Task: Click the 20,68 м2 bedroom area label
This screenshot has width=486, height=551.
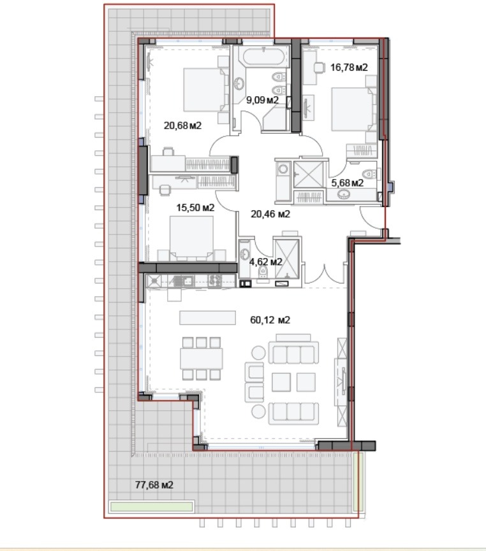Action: [182, 125]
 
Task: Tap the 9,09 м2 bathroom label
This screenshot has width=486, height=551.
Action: [263, 99]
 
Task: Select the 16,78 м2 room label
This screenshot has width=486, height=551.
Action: [349, 66]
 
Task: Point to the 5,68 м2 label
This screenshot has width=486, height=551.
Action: [347, 183]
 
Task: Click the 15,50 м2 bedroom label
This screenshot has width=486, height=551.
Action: [195, 208]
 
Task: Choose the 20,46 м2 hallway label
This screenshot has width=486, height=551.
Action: [270, 214]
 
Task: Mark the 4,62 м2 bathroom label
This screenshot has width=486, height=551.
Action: [265, 261]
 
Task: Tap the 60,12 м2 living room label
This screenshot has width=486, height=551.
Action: [270, 320]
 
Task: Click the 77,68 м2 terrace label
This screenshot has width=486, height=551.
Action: [154, 485]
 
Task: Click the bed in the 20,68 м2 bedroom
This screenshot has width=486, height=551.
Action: [205, 90]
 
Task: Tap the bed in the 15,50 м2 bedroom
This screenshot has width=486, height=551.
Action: [191, 238]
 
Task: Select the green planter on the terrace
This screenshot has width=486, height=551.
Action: [151, 507]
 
